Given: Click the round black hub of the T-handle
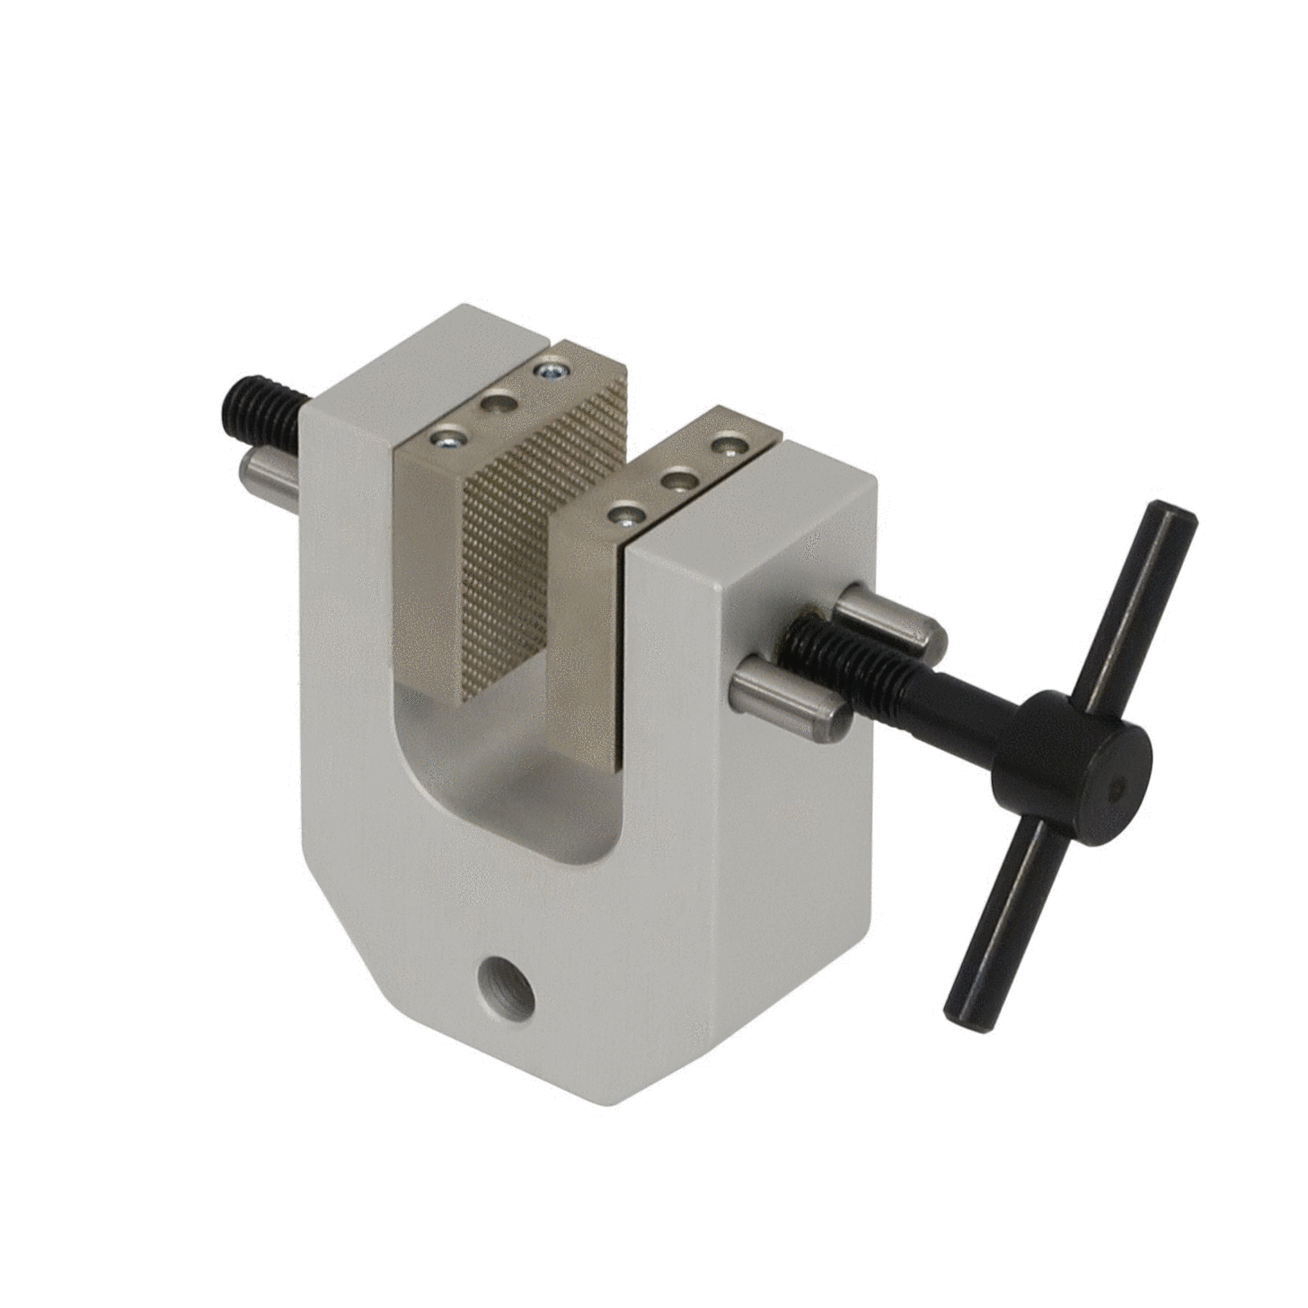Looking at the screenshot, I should coord(1074,769).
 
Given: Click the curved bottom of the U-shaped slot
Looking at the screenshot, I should coord(503,809).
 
